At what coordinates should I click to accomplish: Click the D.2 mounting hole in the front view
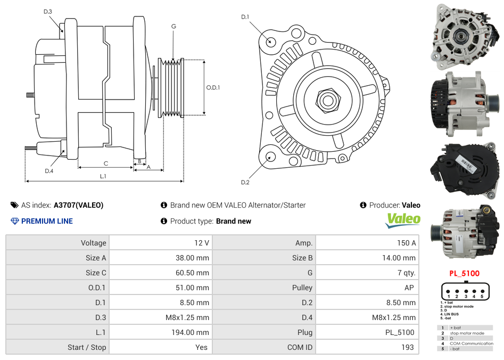(270, 157)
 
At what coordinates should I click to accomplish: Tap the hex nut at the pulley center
(327, 100)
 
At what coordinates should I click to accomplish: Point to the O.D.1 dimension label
(213, 87)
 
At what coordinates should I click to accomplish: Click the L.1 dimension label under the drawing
(103, 176)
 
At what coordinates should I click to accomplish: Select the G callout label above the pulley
(173, 26)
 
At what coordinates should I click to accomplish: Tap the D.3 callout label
(47, 11)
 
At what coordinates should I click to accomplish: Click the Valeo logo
(403, 220)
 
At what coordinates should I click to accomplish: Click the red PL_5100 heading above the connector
(464, 274)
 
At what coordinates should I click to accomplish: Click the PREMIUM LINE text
(47, 221)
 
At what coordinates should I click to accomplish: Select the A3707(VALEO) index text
(78, 205)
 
